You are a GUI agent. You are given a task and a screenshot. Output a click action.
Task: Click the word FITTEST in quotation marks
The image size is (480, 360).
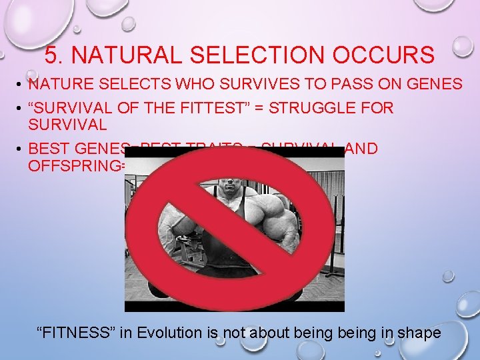(191, 107)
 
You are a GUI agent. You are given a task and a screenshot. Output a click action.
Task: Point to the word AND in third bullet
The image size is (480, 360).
(363, 148)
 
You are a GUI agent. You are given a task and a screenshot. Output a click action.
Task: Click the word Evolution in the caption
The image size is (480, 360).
(175, 332)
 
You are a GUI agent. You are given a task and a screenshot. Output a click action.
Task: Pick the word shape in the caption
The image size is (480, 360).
(418, 332)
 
